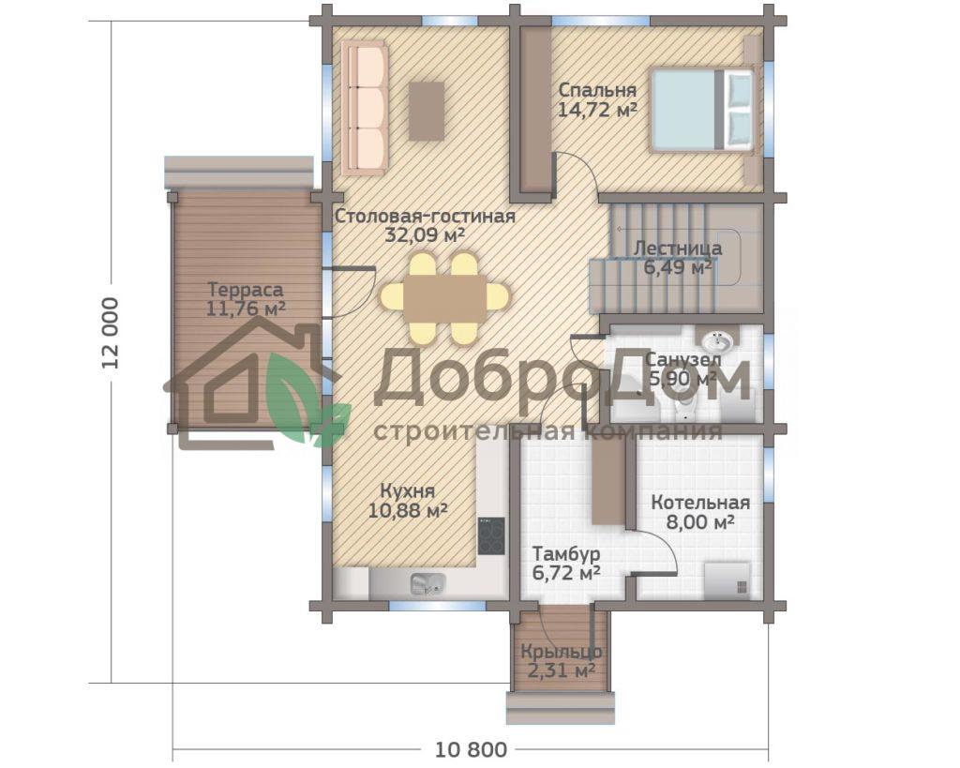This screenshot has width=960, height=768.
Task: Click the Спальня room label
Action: coord(597,90)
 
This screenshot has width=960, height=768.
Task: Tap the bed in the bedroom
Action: coord(702,110)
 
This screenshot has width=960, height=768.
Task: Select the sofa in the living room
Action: coord(365,108)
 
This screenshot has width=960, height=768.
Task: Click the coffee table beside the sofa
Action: coord(427,112)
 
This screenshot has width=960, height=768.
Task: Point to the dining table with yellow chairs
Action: coord(444,298)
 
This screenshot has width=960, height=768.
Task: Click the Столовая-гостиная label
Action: coord(425,217)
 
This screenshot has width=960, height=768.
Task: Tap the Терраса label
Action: coord(245,289)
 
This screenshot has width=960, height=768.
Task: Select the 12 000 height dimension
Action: coord(111,332)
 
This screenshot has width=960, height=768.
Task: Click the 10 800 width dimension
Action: coord(471,749)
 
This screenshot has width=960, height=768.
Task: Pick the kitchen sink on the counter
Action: coord(427,584)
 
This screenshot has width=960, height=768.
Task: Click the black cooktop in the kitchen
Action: coord(491,535)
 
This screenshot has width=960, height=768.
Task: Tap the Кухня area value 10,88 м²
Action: coord(407,510)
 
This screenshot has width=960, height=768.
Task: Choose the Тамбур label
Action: coord(565,554)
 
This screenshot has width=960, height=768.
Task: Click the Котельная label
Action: coord(700,503)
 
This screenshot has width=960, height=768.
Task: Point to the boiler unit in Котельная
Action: coord(727,580)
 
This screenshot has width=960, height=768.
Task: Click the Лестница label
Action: coord(677,248)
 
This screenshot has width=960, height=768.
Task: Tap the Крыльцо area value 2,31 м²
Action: coord(562,671)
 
